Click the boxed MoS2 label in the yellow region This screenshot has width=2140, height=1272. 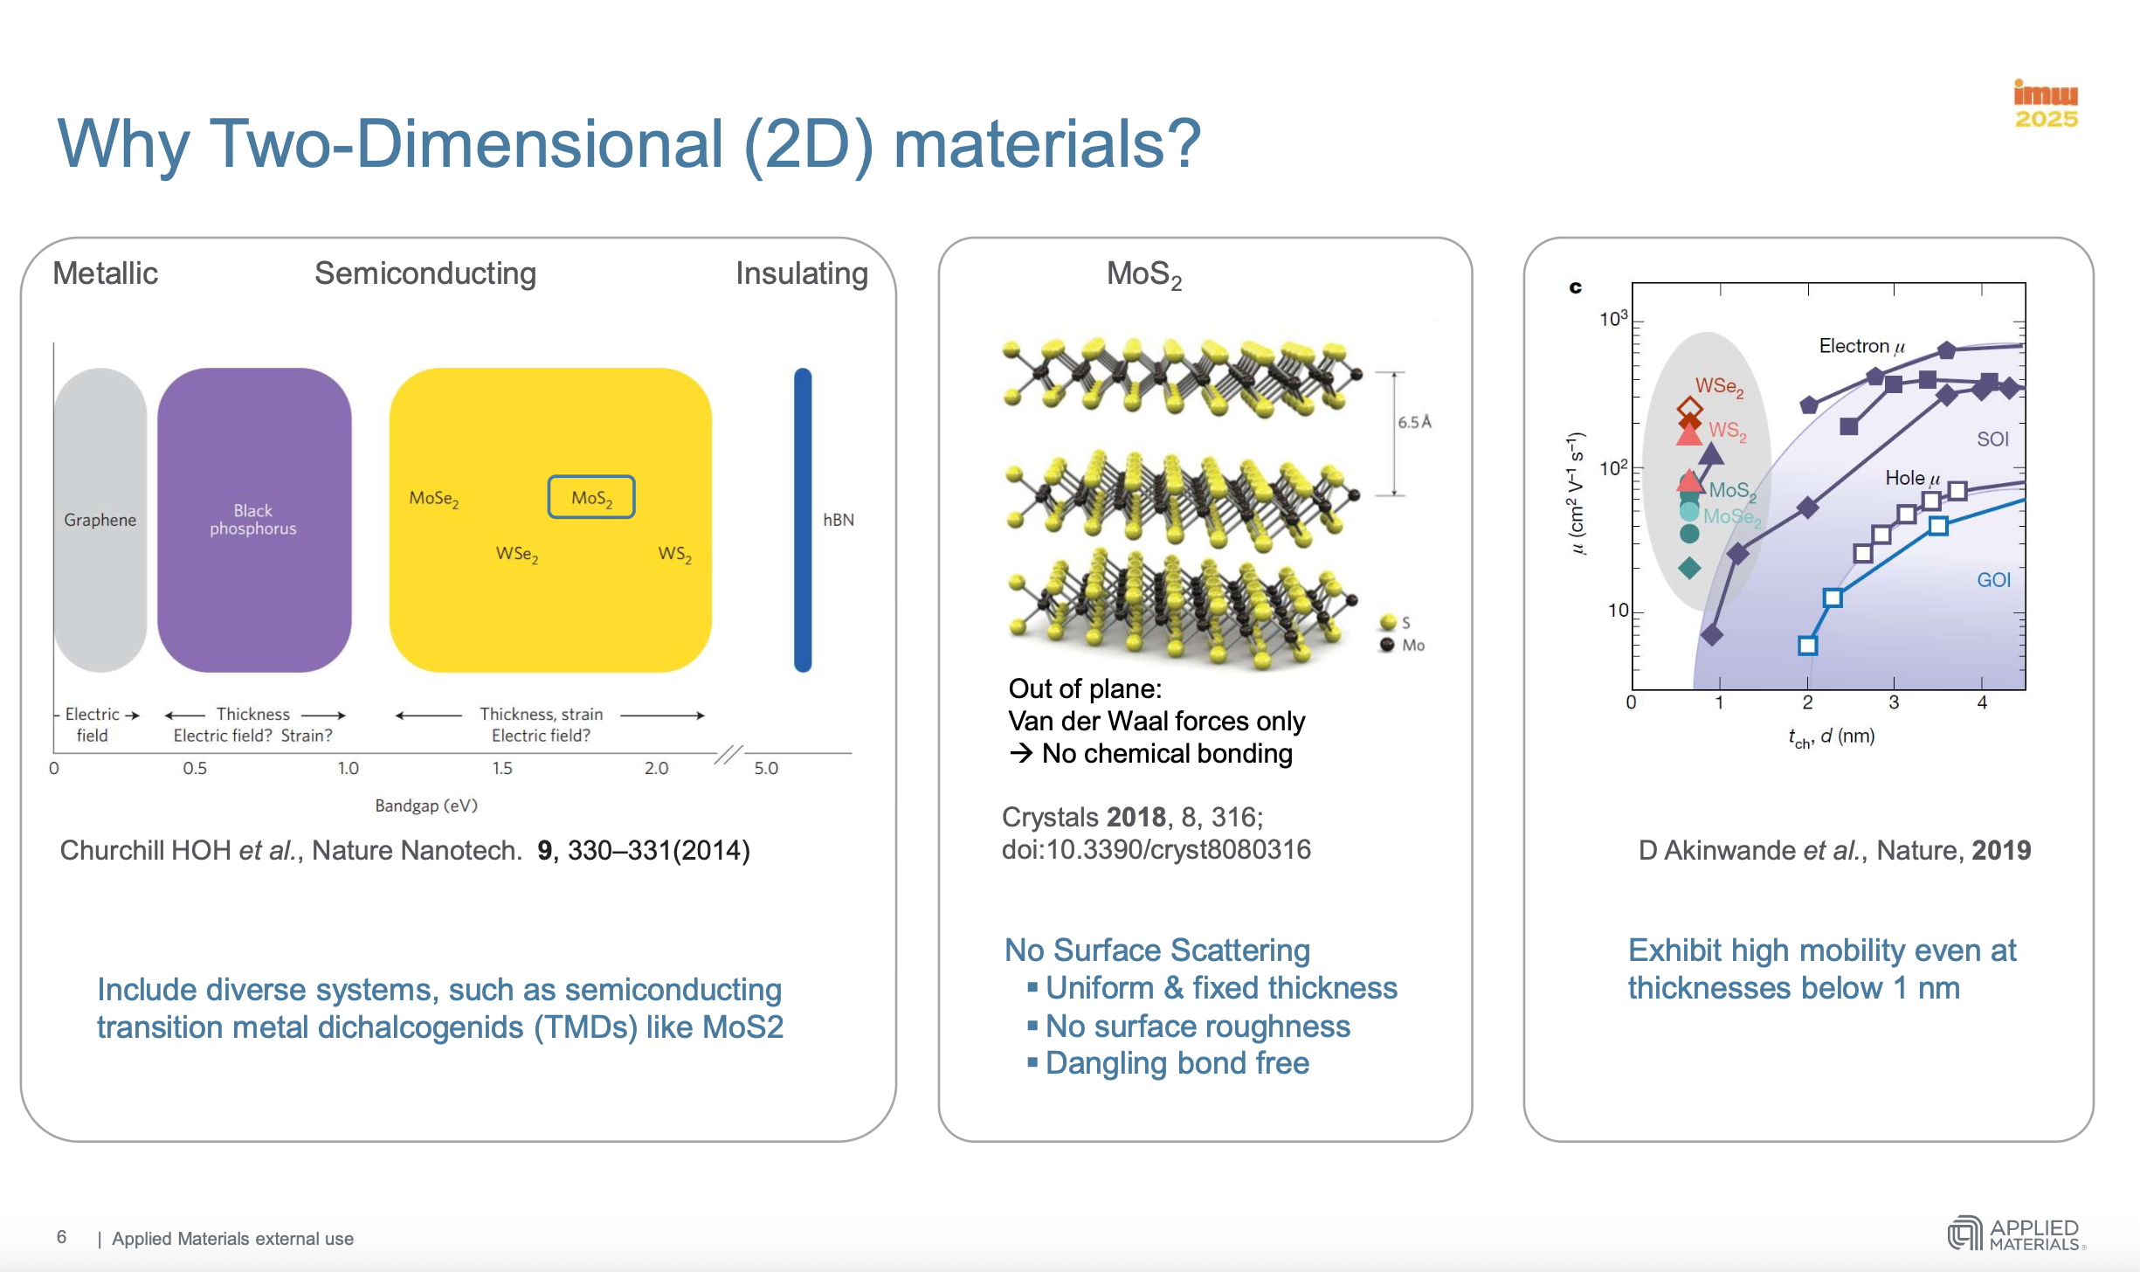pos(591,497)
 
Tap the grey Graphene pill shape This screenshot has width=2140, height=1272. pos(100,520)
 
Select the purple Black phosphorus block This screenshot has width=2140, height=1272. pos(253,520)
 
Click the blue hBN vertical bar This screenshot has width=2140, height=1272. pos(802,520)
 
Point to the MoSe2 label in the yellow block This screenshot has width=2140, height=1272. pos(434,499)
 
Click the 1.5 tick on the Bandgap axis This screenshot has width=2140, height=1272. pos(502,768)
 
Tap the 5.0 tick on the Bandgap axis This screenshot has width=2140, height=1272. pos(766,768)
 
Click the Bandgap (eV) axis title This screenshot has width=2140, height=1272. pos(426,805)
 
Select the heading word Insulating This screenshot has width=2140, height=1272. pos(801,273)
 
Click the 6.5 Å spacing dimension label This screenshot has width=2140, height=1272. pos(1414,422)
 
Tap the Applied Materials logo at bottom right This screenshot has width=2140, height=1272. pos(2016,1234)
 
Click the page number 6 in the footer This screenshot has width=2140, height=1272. pos(61,1237)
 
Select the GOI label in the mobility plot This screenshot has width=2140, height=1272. pos(1993,580)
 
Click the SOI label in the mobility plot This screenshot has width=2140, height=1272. pos(1992,439)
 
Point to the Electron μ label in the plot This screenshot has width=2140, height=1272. pos(1861,346)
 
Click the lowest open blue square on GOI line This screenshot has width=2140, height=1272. pos(1807,646)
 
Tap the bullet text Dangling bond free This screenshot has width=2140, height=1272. pos(1177,1063)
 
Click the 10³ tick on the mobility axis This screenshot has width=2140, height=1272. pos(1613,319)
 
